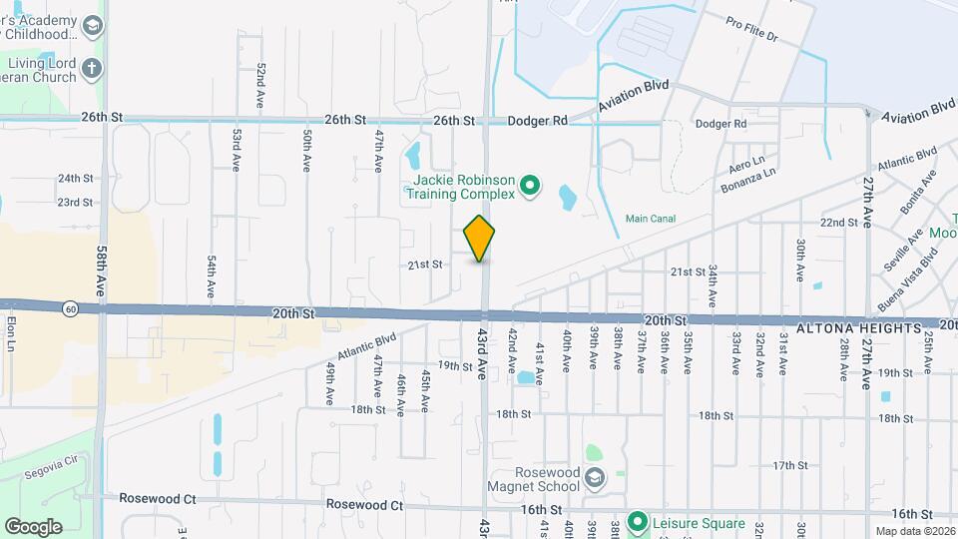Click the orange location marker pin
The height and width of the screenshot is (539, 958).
[480, 238]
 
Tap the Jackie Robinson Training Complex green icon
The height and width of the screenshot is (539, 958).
[531, 184]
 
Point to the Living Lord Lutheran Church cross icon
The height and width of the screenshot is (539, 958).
[92, 69]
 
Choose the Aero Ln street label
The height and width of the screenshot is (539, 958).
[746, 161]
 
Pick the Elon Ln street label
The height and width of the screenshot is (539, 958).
[11, 332]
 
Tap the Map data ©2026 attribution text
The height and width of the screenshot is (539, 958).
[915, 531]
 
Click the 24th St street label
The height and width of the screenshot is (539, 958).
[75, 178]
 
